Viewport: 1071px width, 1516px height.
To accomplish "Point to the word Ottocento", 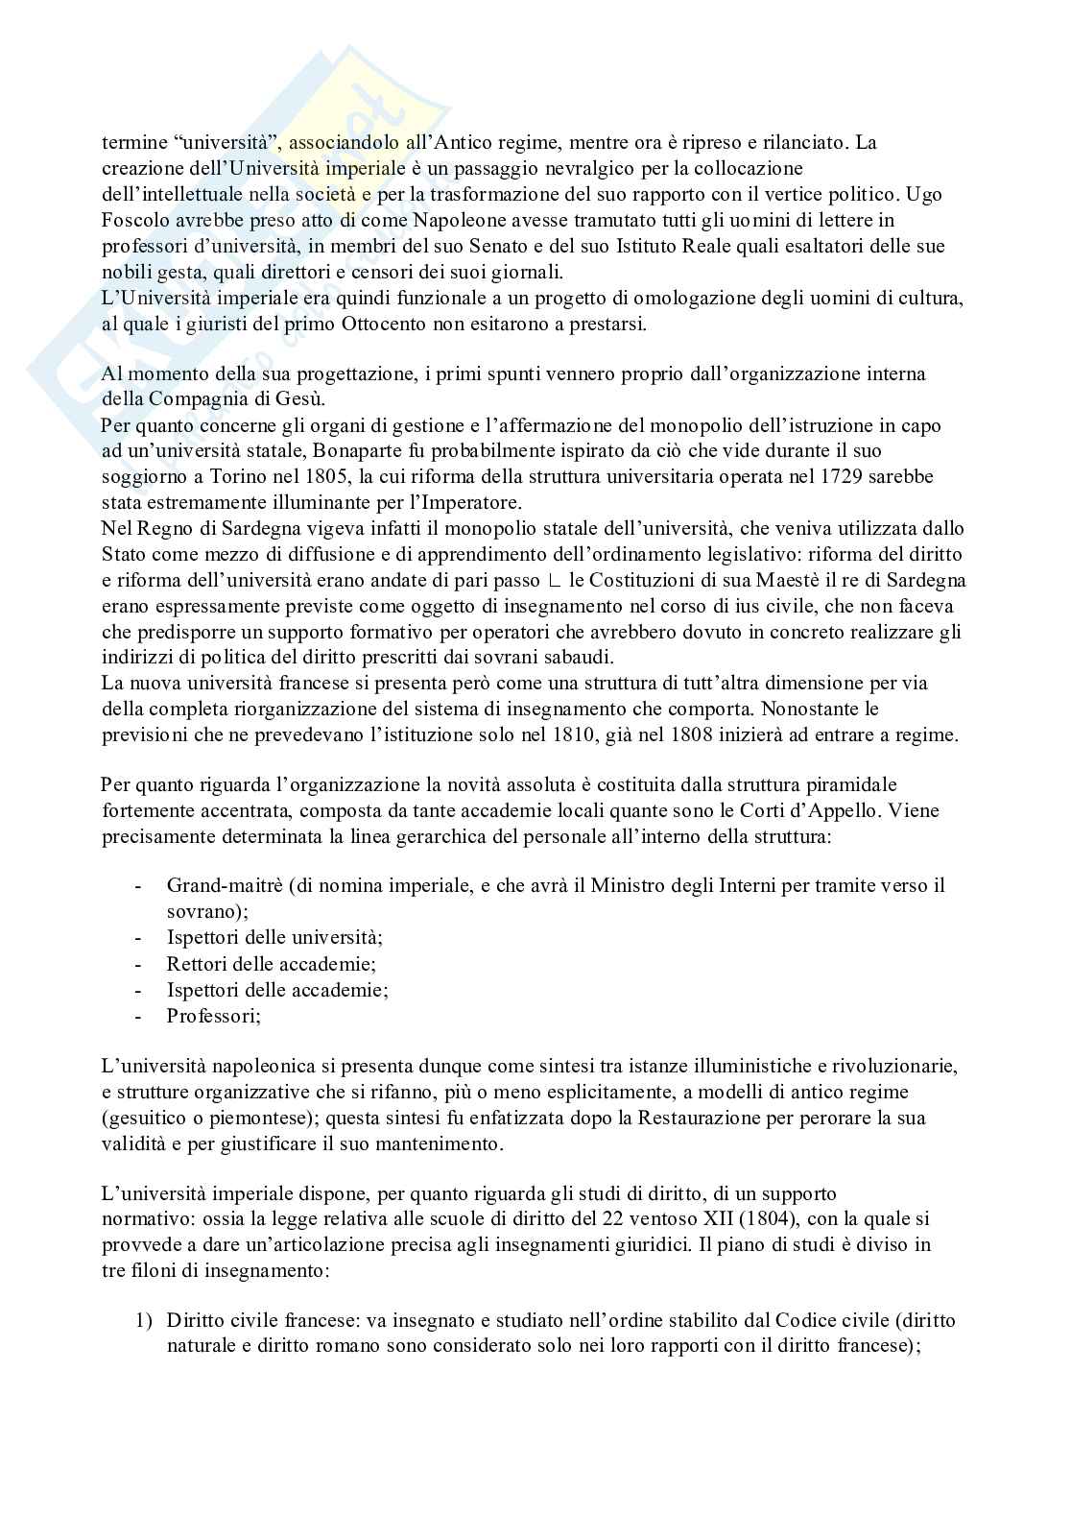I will [x=382, y=325].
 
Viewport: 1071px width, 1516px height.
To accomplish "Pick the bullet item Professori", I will [x=213, y=1015].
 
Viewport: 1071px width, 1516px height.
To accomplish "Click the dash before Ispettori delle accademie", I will [x=141, y=989].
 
